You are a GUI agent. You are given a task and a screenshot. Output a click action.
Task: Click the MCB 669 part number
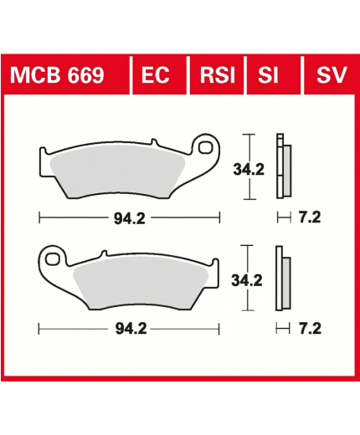[57, 75]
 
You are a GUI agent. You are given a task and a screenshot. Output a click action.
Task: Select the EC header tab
[156, 75]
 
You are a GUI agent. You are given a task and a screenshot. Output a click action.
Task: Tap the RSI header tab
[218, 75]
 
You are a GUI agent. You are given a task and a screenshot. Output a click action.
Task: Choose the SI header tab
[268, 75]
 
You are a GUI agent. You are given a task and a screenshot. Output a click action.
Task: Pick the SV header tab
[332, 75]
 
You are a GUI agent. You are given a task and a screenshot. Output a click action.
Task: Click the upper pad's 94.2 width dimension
[130, 218]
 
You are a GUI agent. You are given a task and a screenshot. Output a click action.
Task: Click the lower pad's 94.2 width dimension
[131, 329]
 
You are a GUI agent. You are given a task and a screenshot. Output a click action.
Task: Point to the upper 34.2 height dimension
[249, 169]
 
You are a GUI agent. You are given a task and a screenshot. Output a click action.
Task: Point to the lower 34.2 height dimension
[247, 280]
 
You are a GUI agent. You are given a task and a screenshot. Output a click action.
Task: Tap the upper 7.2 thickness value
[310, 217]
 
